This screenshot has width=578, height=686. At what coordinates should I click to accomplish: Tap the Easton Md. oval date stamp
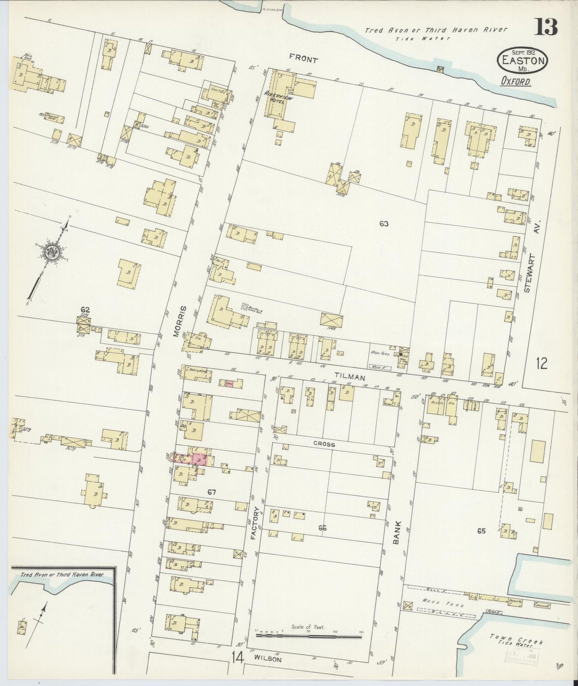(523, 60)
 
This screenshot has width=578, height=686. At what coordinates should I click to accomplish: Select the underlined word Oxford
(516, 81)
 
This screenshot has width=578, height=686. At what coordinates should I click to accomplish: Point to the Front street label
(304, 60)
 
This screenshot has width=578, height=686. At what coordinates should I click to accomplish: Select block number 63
(384, 224)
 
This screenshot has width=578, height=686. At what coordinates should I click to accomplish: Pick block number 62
(85, 309)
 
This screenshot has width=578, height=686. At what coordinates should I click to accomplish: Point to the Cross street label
(324, 444)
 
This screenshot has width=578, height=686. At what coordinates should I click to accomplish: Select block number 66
(322, 528)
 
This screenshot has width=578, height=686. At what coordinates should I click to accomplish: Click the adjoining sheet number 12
(542, 363)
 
